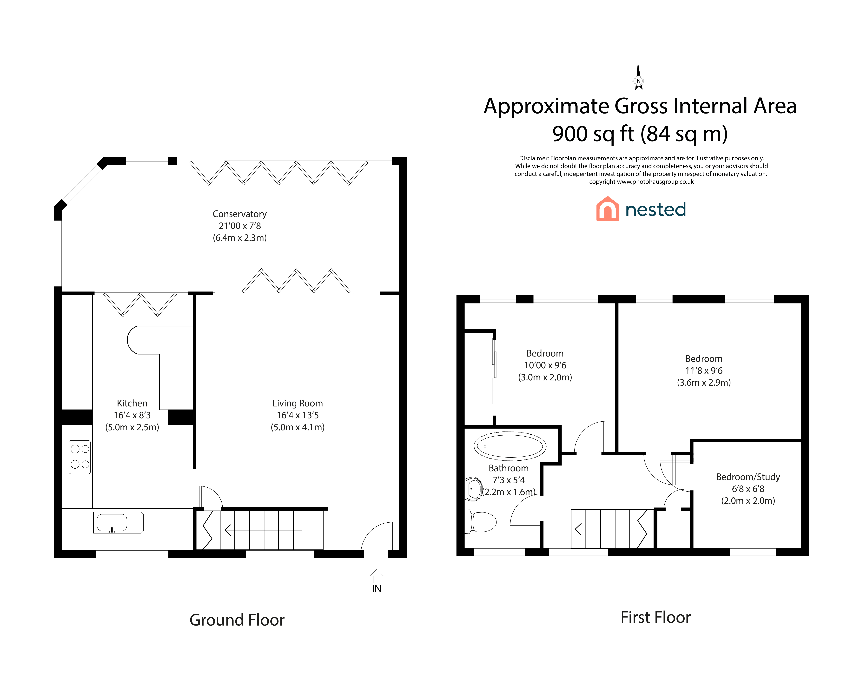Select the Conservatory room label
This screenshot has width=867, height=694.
[x=240, y=214]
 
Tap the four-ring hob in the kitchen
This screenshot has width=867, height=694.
[x=80, y=457]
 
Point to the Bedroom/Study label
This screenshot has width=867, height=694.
[x=748, y=477]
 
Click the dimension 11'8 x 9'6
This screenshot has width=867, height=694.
[x=704, y=371]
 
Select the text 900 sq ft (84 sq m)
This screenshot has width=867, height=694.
[x=640, y=134]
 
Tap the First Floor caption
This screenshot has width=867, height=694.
[x=655, y=617]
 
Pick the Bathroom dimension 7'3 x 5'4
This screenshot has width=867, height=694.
[x=509, y=480]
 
